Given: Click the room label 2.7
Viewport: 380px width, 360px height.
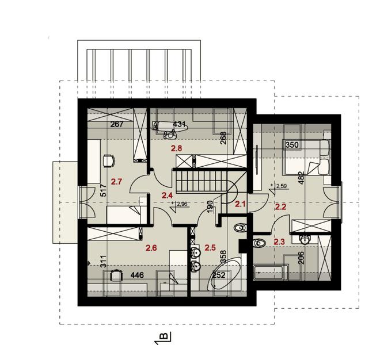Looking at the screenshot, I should click(x=117, y=182).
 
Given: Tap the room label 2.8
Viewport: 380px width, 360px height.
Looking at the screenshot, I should click(x=177, y=148).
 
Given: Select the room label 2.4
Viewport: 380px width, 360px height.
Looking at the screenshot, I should click(x=167, y=196).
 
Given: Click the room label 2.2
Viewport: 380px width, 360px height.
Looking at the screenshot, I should click(x=280, y=206).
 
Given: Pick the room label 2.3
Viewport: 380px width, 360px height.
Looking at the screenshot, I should click(x=279, y=242).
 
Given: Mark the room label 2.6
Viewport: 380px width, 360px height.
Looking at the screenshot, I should click(x=151, y=248).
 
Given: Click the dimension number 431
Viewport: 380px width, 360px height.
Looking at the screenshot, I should click(x=180, y=124).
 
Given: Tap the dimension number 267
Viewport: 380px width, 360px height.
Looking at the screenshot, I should click(x=117, y=124).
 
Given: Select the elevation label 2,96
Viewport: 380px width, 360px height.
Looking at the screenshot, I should click(x=182, y=204).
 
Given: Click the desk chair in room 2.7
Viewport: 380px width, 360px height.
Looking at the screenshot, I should click(x=108, y=160).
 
